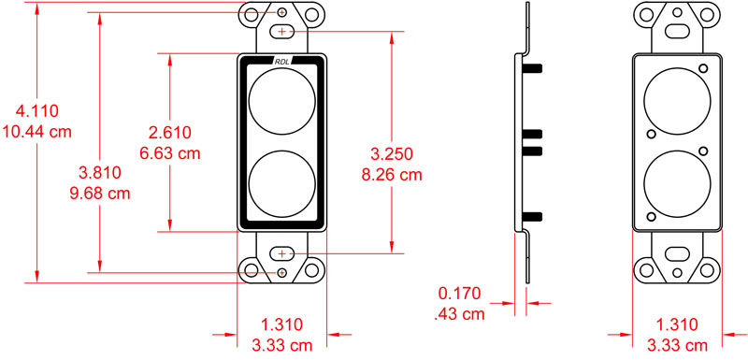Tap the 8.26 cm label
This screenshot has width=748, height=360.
tap(392, 174)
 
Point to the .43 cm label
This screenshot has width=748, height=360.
tap(461, 315)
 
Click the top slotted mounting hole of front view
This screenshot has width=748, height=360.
tap(282, 32)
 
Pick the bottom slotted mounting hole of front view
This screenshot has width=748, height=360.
tap(282, 253)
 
